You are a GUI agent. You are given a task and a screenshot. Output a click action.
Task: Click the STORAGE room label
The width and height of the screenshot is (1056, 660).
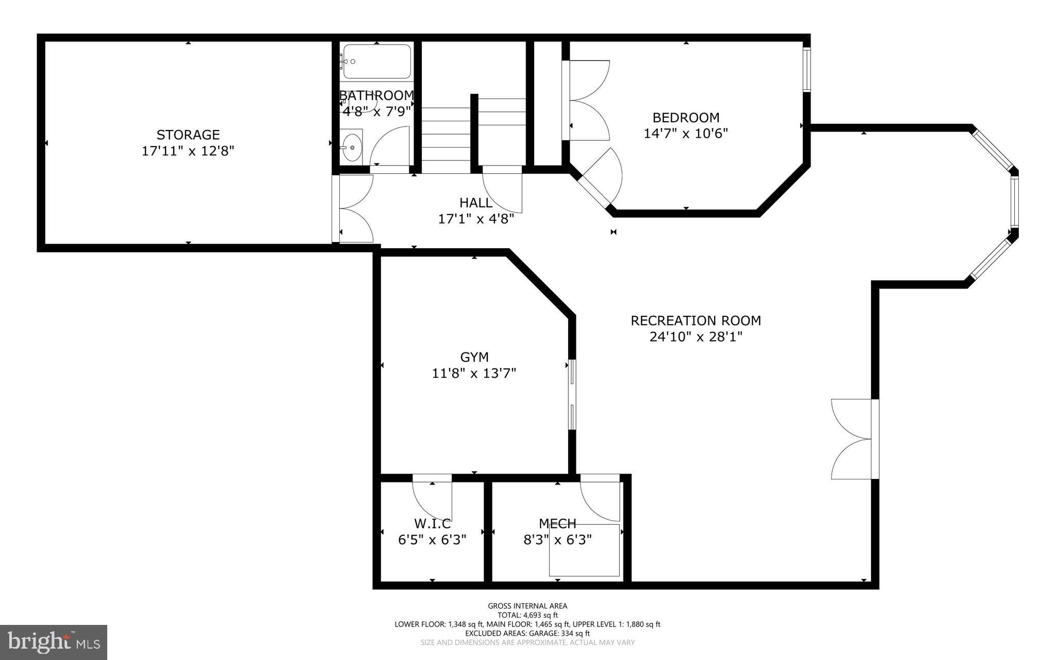(188, 135)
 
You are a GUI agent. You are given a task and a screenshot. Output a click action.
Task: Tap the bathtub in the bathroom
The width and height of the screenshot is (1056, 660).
(377, 61)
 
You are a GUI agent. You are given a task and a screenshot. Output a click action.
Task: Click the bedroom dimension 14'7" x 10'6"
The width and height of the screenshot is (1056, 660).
(685, 134)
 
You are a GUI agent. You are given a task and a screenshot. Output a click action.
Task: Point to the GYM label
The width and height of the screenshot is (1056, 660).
(474, 357)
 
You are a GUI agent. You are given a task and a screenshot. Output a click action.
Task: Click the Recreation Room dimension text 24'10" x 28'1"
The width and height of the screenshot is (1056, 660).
(696, 337)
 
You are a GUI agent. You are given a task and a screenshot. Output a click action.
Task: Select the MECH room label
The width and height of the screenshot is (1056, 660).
(557, 524)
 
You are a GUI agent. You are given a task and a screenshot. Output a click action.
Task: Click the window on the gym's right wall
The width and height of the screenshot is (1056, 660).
(572, 395)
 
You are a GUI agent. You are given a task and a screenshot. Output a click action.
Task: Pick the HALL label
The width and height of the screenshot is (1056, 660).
(475, 203)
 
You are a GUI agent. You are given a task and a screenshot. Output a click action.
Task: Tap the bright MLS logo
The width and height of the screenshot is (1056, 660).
(54, 641)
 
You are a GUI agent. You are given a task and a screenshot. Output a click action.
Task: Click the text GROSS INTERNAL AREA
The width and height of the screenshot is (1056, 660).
(527, 606)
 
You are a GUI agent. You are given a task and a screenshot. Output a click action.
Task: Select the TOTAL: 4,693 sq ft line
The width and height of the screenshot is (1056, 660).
(527, 615)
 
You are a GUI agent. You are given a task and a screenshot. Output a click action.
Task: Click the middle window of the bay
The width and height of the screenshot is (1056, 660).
(1014, 202)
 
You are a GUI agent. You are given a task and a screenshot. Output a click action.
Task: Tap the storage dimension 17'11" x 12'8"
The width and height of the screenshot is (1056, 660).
(188, 151)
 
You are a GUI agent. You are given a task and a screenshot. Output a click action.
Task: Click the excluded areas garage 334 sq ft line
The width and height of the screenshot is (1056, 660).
(527, 633)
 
